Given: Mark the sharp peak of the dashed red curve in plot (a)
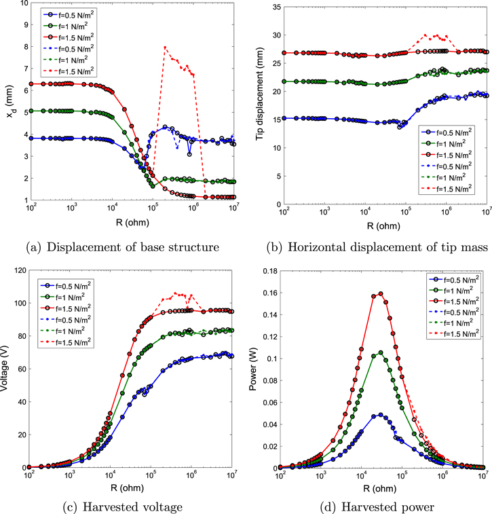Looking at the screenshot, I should pyautogui.click(x=165, y=48).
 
